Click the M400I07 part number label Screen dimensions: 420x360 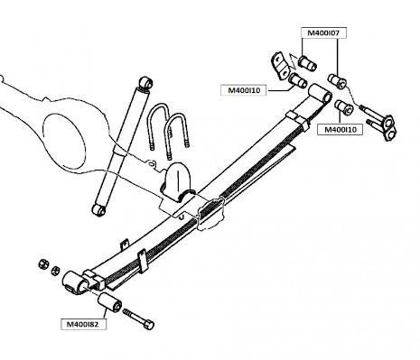(x=323, y=32)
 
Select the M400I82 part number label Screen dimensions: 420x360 (x=82, y=324)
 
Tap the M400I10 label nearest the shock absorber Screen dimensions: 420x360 (x=244, y=90)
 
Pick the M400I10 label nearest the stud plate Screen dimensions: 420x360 (x=341, y=130)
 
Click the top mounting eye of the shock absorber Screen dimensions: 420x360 (x=146, y=82)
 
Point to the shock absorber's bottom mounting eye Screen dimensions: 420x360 (x=98, y=209)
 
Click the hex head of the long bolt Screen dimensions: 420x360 (x=149, y=325)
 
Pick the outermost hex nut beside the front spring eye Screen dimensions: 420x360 (x=43, y=264)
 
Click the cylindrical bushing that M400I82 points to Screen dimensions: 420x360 (x=109, y=302)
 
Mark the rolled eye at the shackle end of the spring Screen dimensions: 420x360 (x=320, y=93)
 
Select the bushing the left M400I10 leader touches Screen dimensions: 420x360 (x=298, y=80)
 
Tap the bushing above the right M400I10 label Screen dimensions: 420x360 (x=344, y=106)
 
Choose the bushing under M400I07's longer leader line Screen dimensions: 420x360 (x=337, y=80)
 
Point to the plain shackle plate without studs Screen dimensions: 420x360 (x=280, y=66)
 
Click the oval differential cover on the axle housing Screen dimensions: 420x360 (x=64, y=143)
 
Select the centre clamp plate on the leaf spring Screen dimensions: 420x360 (x=210, y=214)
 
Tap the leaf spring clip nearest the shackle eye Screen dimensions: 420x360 (x=298, y=119)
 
